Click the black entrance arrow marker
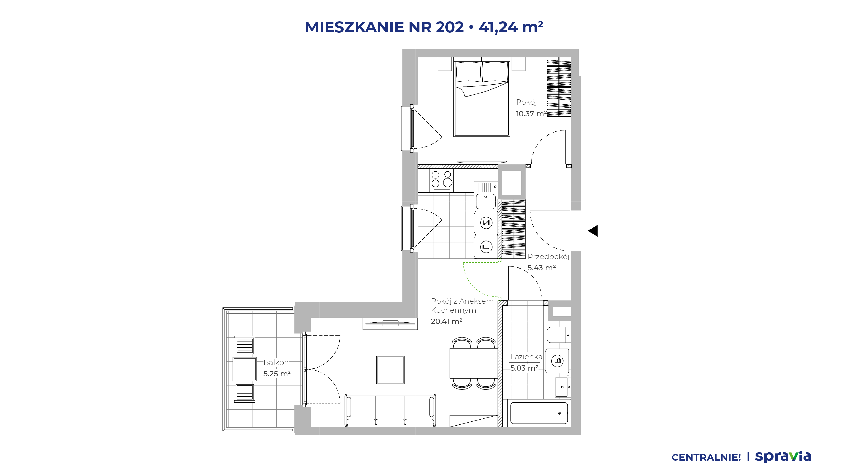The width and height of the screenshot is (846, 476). coord(593,231)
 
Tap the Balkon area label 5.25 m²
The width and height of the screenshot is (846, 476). coord(277,374)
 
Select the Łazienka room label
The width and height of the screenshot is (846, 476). coord(526,357)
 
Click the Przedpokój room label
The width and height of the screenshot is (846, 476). coord(549,257)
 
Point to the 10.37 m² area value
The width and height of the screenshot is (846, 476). coord(531,114)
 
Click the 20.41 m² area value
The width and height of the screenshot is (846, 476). coord(446,321)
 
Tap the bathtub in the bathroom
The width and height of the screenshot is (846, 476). coord(539,413)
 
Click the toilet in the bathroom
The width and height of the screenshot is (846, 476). coord(558,335)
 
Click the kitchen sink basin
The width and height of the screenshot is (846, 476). coord(486,201)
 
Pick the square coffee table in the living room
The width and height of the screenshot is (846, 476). coord(390,370)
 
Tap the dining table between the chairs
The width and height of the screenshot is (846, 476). coord(474,363)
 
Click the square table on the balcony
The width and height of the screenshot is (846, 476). coord(245,369)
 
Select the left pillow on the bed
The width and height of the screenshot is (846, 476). coord(468,72)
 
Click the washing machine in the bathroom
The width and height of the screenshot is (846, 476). coord(558,361)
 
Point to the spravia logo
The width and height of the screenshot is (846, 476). coord(783,456)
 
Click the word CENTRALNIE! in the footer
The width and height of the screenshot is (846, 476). coord(706,457)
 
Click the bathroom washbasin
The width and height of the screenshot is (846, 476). coord(562,387)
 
